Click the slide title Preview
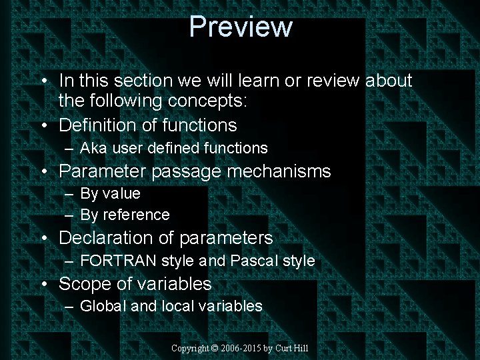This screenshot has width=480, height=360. pyautogui.click(x=241, y=27)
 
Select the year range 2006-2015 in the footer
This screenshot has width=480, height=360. pyautogui.click(x=241, y=349)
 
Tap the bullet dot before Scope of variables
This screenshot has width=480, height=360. pyautogui.click(x=44, y=285)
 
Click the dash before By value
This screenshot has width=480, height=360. pyautogui.click(x=69, y=194)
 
